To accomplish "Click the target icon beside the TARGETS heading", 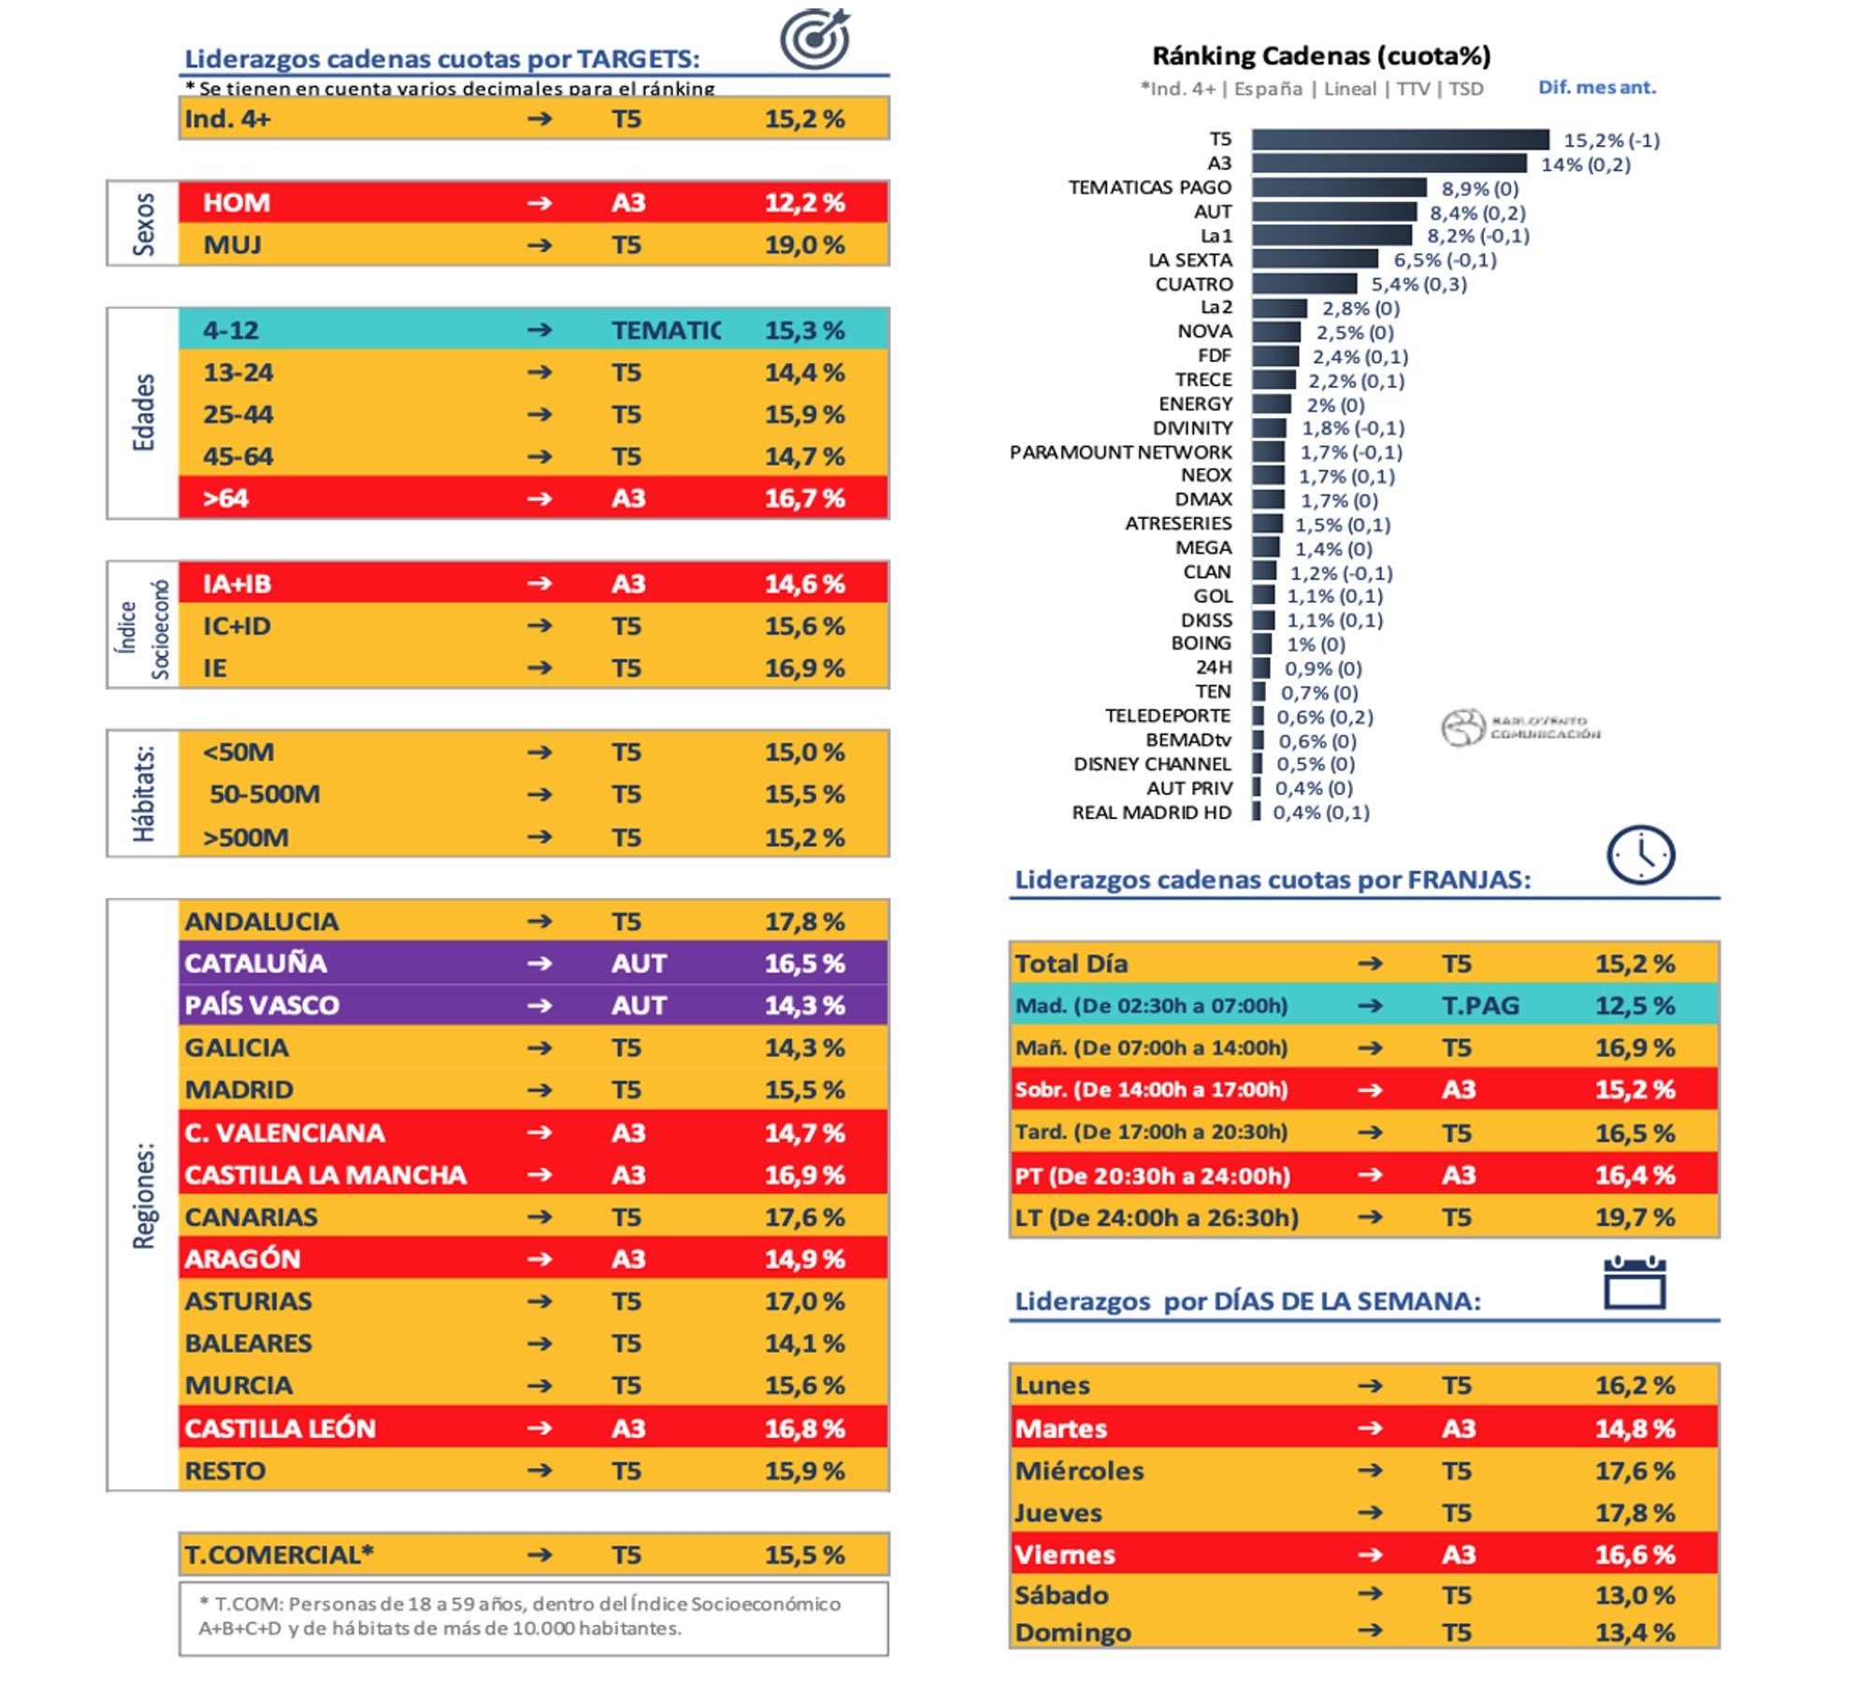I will click(x=814, y=39).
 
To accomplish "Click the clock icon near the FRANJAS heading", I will click(x=1640, y=855).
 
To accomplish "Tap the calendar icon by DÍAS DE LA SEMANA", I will click(x=1633, y=1285).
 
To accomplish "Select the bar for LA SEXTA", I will click(x=1315, y=259).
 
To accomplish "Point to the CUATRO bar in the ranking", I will click(x=1304, y=283).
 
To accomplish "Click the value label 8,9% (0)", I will click(x=1479, y=188).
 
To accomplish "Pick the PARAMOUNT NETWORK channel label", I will click(x=1120, y=453).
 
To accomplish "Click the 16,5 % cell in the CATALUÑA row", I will click(x=804, y=963).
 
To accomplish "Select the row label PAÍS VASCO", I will click(x=262, y=1005).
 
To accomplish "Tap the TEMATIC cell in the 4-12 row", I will click(x=665, y=330).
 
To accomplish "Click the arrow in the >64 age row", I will click(x=539, y=498).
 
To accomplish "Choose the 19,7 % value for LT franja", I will click(x=1634, y=1217).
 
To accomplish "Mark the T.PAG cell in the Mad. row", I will click(x=1480, y=1006).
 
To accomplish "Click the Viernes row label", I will click(x=1065, y=1555).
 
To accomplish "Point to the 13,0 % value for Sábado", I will click(x=1634, y=1595).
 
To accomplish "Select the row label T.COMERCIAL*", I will click(x=279, y=1555).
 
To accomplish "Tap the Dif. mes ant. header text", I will click(x=1596, y=88).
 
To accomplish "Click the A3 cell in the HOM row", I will click(x=628, y=203).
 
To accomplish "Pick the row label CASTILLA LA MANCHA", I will click(x=324, y=1175).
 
